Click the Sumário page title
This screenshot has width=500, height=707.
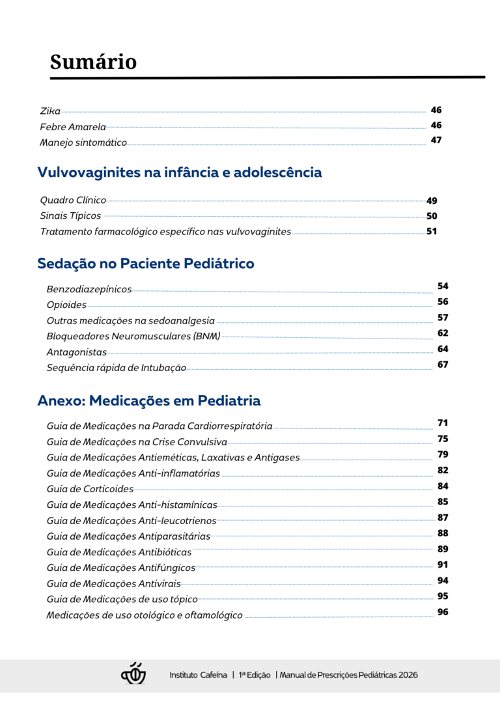[x=93, y=62]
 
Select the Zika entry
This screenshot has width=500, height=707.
[x=50, y=111]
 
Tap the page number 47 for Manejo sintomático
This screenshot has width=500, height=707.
[x=436, y=140]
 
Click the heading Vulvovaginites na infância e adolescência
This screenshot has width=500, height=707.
[x=180, y=173]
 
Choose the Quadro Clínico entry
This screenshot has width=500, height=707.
[x=73, y=201]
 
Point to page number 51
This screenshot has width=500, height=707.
[x=432, y=231]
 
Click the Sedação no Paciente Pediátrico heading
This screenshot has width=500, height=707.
[x=146, y=264]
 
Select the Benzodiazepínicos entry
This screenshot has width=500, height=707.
[x=89, y=289]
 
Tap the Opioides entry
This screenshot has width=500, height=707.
[x=66, y=305]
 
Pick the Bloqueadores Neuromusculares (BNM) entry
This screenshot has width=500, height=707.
[x=133, y=337]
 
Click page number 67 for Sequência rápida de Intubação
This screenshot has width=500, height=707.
[x=443, y=365]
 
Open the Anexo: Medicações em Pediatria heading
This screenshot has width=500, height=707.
[x=149, y=400]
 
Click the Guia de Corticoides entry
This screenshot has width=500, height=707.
[x=90, y=489]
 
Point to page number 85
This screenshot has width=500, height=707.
[x=443, y=502]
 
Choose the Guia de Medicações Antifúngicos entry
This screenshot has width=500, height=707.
[x=121, y=568]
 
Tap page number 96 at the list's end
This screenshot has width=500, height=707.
[x=443, y=612]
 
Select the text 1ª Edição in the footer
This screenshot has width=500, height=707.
[x=254, y=675]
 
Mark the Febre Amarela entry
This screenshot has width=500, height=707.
[x=73, y=127]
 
